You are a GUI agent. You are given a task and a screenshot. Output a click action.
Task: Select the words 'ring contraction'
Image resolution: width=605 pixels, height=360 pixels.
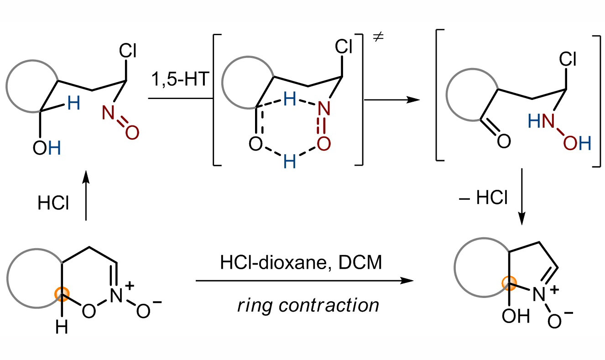point(308,304)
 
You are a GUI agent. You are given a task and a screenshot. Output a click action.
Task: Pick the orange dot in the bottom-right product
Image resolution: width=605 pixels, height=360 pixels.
point(506,283)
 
